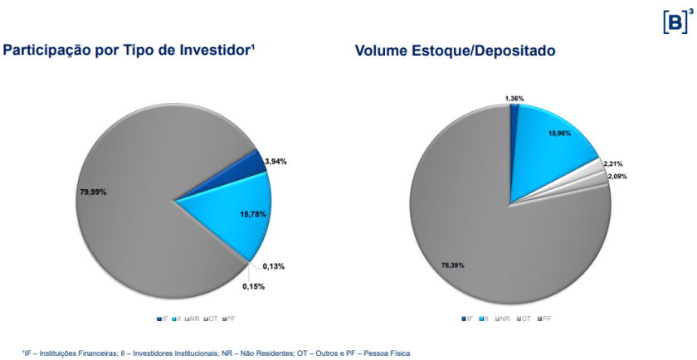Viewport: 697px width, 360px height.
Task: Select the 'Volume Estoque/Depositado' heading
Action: click(455, 51)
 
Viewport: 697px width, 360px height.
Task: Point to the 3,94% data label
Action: click(275, 161)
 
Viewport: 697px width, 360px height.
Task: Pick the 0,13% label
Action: click(274, 266)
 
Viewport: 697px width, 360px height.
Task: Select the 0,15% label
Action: click(254, 286)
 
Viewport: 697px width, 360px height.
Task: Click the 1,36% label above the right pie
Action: click(514, 99)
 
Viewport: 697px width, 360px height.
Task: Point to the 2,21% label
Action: click(613, 163)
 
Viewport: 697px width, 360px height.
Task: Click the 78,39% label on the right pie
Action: click(453, 265)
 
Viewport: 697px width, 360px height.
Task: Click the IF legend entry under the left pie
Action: click(163, 319)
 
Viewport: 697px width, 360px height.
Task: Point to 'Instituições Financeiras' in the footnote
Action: click(64, 353)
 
